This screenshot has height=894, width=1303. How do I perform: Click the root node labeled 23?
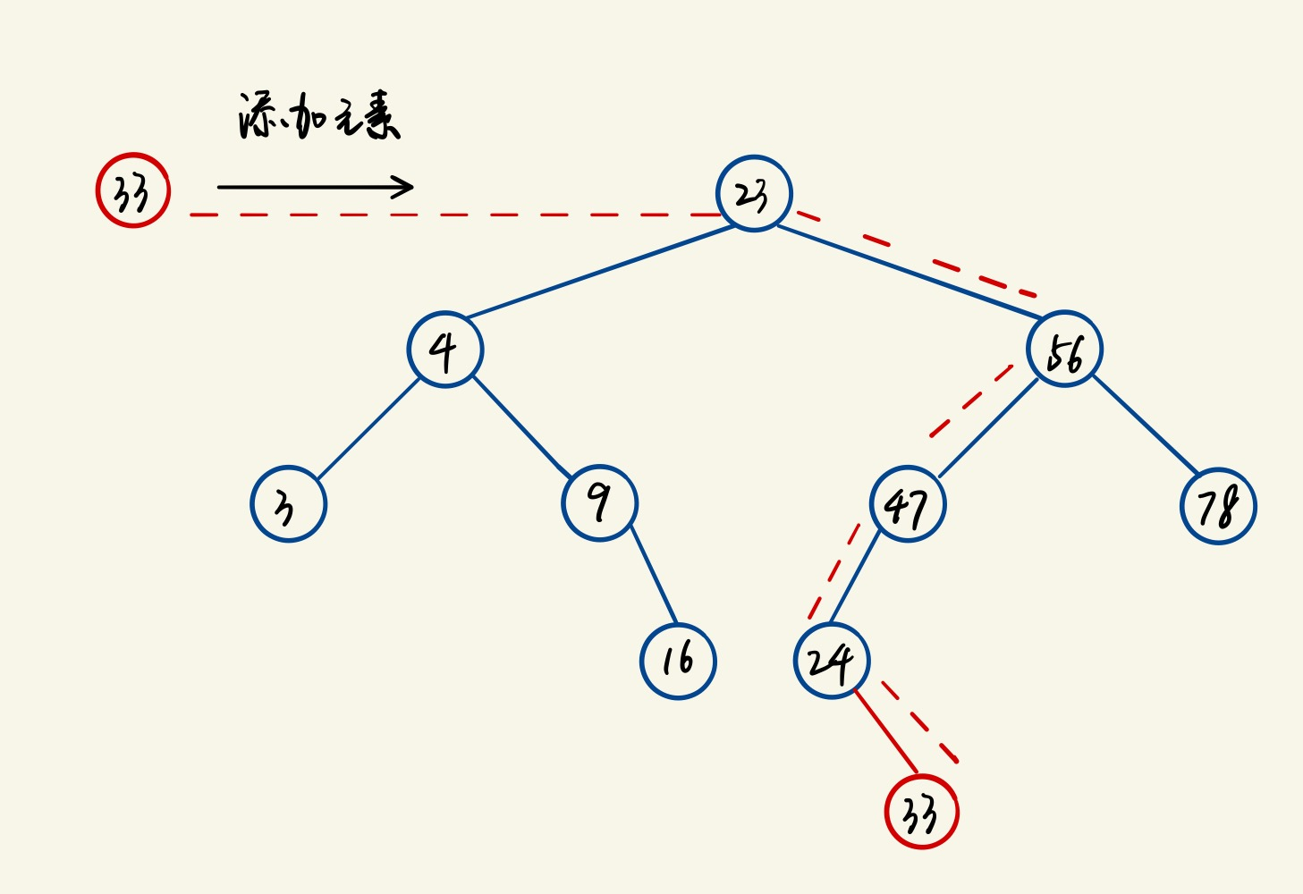point(754,193)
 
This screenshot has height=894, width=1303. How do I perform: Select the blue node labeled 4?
point(444,349)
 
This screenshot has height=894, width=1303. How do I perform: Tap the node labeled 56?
point(1064,349)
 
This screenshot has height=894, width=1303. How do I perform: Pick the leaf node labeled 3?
point(288,504)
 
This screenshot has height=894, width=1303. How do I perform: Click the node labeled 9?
point(599,502)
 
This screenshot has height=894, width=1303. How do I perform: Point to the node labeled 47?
point(908,504)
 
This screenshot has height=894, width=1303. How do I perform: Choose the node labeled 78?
point(1218,506)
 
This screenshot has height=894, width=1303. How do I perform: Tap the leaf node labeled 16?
point(678,661)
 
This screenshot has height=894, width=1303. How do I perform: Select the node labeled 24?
point(832,661)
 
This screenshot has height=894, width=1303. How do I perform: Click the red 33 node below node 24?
point(921,812)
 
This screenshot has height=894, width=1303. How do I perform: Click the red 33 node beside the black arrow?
point(132,190)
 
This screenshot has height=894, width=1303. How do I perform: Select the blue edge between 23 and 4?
point(599,272)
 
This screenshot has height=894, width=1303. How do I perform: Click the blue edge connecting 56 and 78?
point(1145,425)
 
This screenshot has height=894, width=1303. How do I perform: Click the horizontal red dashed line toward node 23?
point(447,215)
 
